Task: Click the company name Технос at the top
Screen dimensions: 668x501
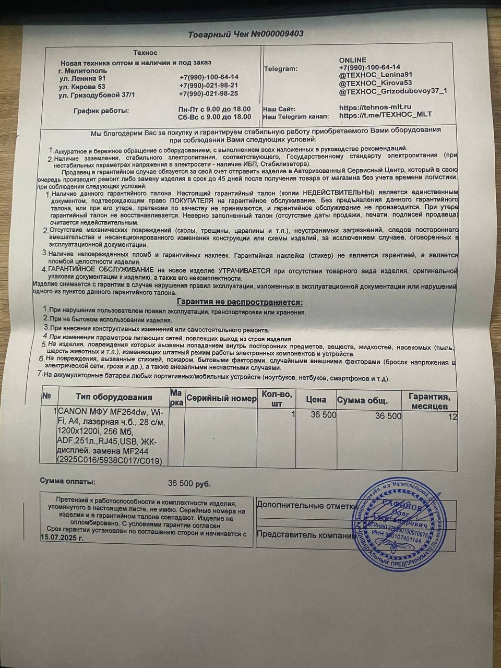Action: tap(145, 53)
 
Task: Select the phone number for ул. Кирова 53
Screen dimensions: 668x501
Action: tap(209, 86)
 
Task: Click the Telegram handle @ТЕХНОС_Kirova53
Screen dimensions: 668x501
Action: tap(376, 83)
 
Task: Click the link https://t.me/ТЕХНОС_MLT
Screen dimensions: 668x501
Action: tap(385, 115)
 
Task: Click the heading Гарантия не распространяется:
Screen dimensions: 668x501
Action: tap(240, 302)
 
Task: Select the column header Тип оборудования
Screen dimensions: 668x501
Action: tap(114, 398)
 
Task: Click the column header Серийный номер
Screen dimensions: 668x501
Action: tap(221, 399)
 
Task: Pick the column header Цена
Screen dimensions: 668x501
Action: tap(316, 400)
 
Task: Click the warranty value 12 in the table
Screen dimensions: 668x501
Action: tap(452, 416)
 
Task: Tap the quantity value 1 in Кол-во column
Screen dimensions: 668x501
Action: tap(293, 414)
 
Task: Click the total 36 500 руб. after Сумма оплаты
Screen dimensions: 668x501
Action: tap(189, 484)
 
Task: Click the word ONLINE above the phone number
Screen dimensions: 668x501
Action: tap(353, 59)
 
